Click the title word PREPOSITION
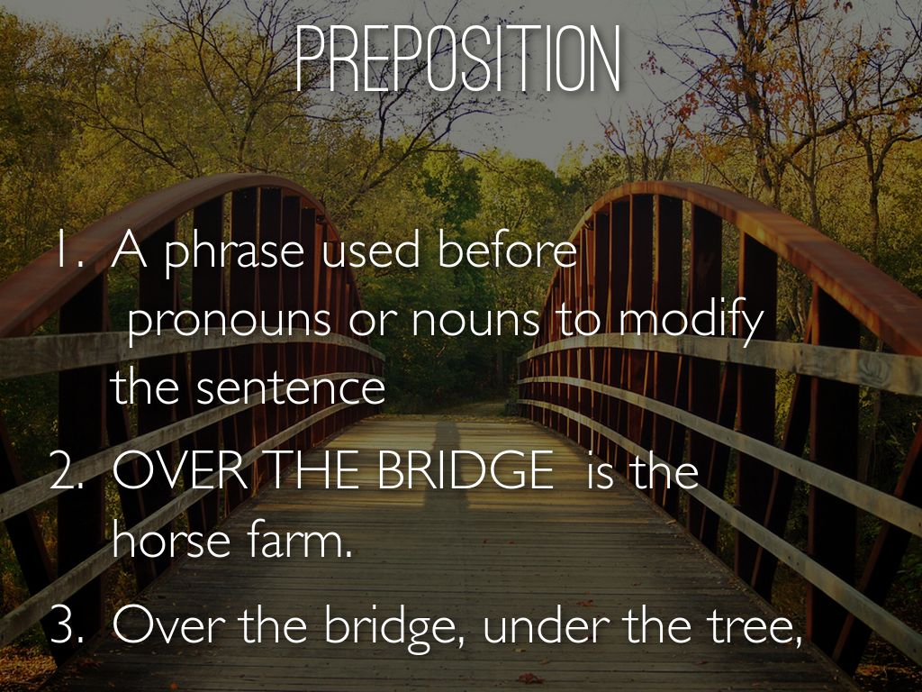click(x=457, y=59)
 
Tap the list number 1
click(x=67, y=253)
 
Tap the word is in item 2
click(x=600, y=472)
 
